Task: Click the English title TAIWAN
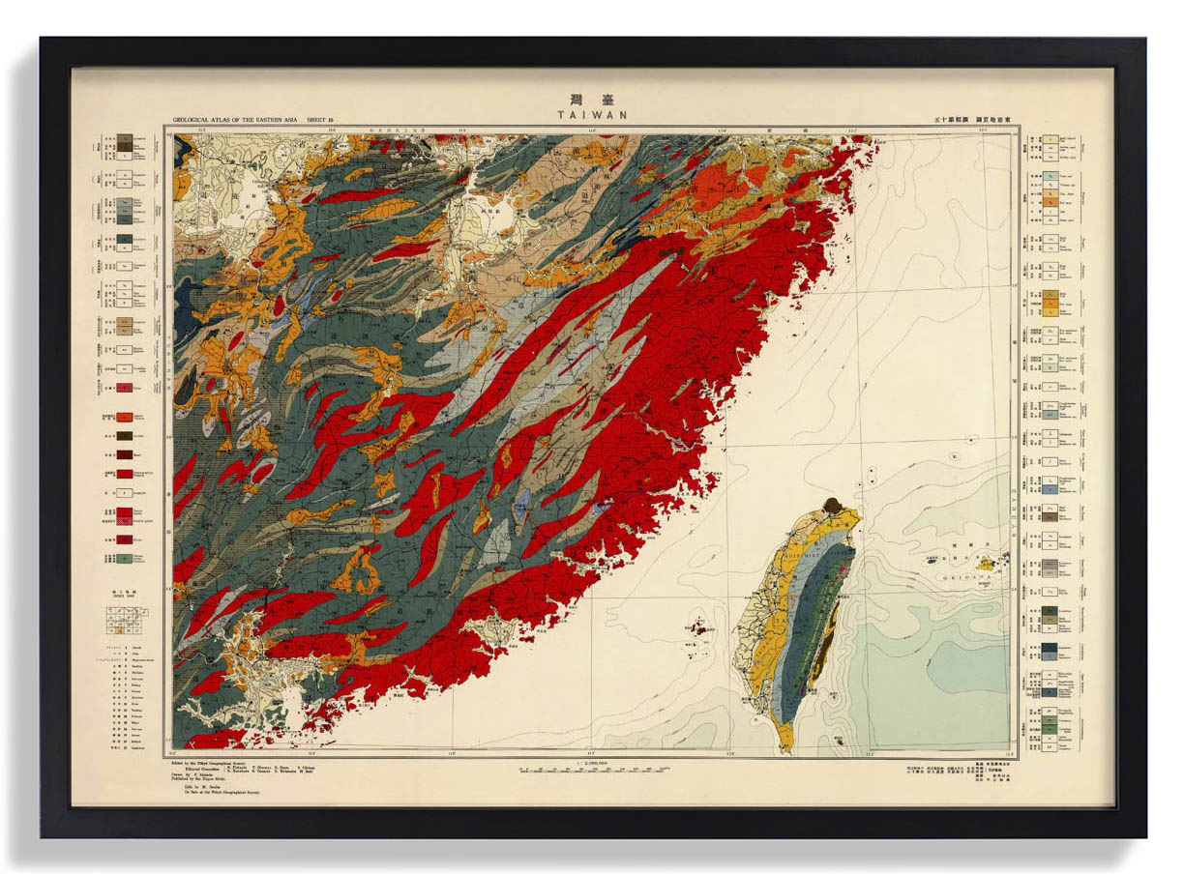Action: click(x=592, y=114)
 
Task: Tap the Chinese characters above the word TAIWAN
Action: click(x=592, y=99)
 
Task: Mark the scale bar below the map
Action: click(x=592, y=771)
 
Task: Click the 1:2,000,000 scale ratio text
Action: click(x=592, y=762)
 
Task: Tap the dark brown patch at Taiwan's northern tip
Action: click(x=830, y=505)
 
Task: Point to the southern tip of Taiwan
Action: click(x=785, y=746)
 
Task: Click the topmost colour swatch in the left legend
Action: click(x=124, y=141)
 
